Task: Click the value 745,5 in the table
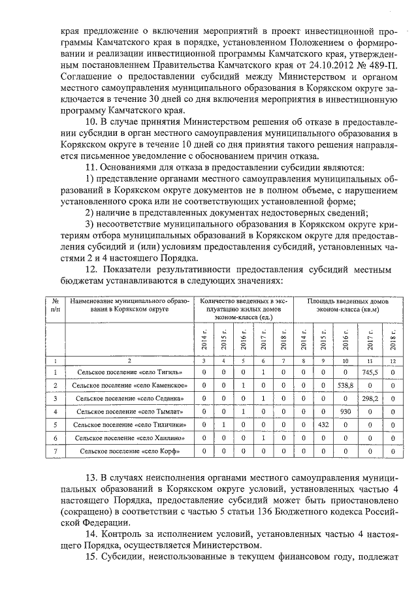[x=370, y=372]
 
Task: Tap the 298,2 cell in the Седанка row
[x=370, y=398]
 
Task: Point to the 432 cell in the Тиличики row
[x=322, y=424]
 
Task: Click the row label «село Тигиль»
[x=129, y=372]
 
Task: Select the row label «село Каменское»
[x=129, y=385]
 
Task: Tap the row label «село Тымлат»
[x=129, y=411]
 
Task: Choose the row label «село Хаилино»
[x=129, y=438]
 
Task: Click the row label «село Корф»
[x=129, y=451]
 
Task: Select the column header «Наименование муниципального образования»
[x=129, y=305]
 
